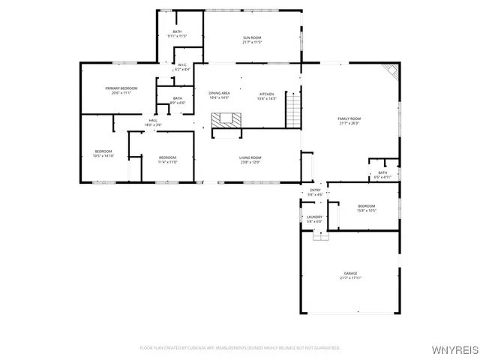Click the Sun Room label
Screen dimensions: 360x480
[x=251, y=39]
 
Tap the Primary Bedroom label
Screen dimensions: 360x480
[x=121, y=90]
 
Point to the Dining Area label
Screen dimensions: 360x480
[x=218, y=95]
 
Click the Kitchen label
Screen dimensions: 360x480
[x=267, y=95]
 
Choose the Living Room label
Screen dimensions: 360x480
[x=250, y=159]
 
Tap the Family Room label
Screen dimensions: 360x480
[x=349, y=121]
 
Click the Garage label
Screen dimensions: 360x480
[x=350, y=274]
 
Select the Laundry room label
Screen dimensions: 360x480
[x=314, y=219]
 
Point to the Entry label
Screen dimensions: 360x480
[x=315, y=193]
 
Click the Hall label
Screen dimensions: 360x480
[x=153, y=122]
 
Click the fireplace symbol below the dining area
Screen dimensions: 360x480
[x=226, y=119]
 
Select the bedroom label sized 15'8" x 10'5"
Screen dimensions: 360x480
[x=366, y=208]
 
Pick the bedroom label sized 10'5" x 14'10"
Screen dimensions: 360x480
[x=103, y=154]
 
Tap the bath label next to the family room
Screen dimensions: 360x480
[x=382, y=175]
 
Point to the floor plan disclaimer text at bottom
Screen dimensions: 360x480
[x=240, y=348]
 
